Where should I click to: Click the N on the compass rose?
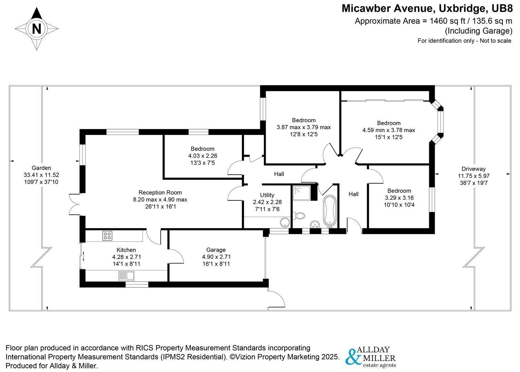[36, 28]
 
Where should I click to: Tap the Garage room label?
[216, 250]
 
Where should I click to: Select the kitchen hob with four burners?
[107, 236]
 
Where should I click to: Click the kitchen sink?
[126, 276]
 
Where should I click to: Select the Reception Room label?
[160, 193]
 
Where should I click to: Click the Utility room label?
[267, 195]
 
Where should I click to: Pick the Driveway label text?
[473, 169]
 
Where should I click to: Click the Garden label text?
[41, 168]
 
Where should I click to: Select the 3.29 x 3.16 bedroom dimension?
[399, 198]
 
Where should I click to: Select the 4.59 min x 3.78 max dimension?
[389, 130]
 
